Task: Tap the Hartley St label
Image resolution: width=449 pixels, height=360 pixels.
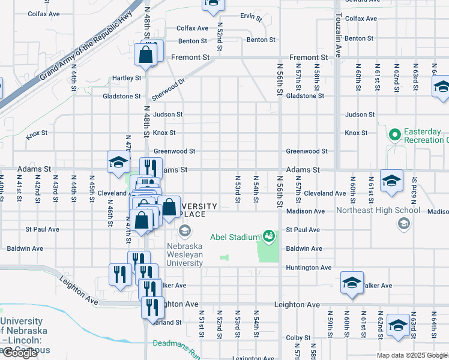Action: (x=127, y=78)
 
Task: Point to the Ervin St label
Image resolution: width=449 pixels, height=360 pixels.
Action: (x=251, y=17)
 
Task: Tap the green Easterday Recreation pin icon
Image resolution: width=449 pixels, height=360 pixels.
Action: (x=394, y=135)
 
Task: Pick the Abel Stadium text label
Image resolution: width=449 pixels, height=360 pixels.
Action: (x=235, y=237)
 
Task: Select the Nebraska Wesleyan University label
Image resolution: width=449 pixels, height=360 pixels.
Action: (x=184, y=254)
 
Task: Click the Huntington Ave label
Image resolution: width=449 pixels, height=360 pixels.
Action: (x=309, y=268)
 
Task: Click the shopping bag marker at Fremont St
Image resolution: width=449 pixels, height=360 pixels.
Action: (x=146, y=55)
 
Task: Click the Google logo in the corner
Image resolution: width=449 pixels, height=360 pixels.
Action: (x=20, y=353)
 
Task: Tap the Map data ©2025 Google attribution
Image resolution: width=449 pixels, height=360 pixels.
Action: (x=412, y=356)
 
